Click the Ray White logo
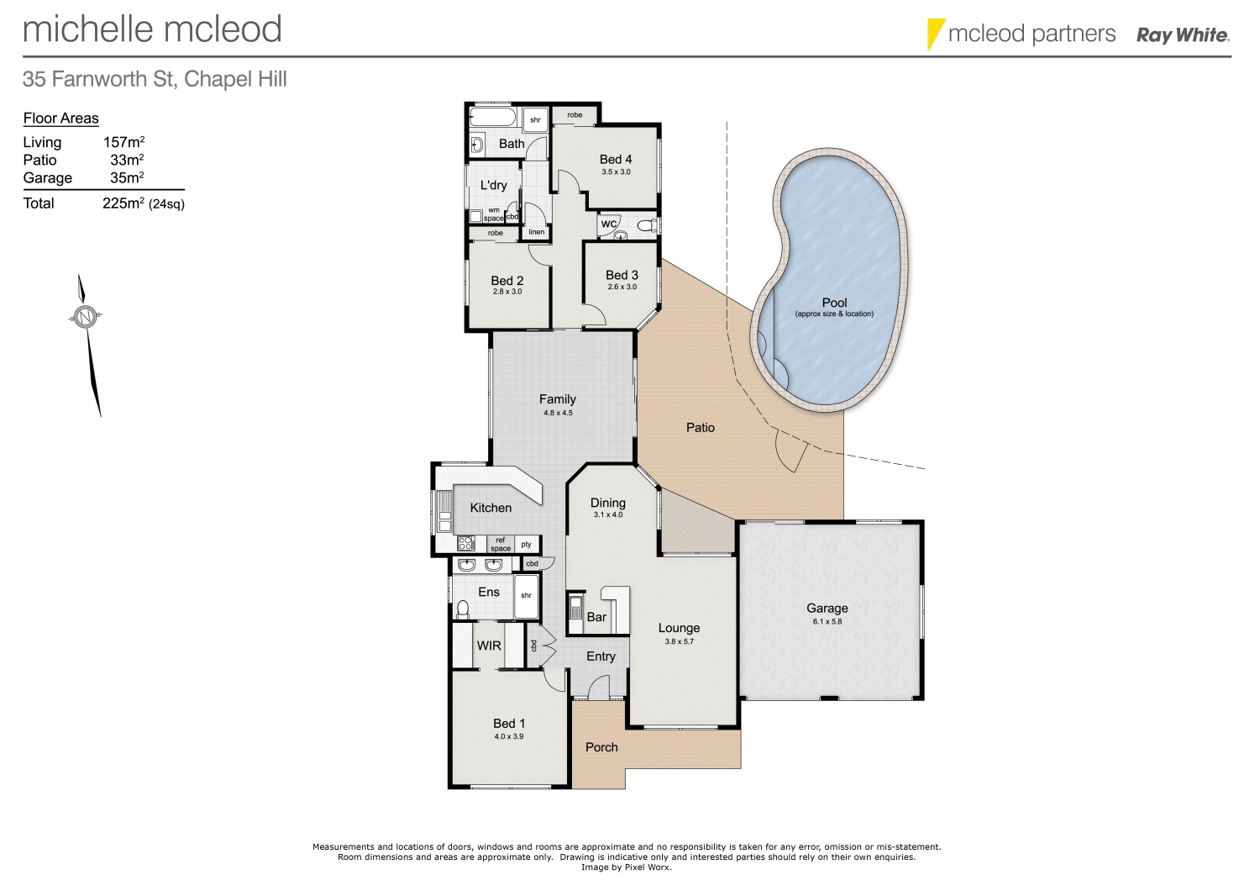point(1183,35)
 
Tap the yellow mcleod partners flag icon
point(935,34)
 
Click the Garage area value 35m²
point(127,178)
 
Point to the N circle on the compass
point(84,317)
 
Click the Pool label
point(834,303)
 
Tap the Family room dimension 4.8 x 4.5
point(558,413)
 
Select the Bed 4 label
point(616,159)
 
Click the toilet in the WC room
point(646,224)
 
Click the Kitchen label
point(491,508)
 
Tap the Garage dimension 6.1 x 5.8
point(827,622)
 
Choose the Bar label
point(596,617)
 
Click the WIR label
point(489,646)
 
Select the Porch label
point(601,747)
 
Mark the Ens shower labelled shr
point(526,596)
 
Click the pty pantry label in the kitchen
point(526,545)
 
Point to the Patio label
point(700,428)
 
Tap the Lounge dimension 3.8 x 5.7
point(679,641)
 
